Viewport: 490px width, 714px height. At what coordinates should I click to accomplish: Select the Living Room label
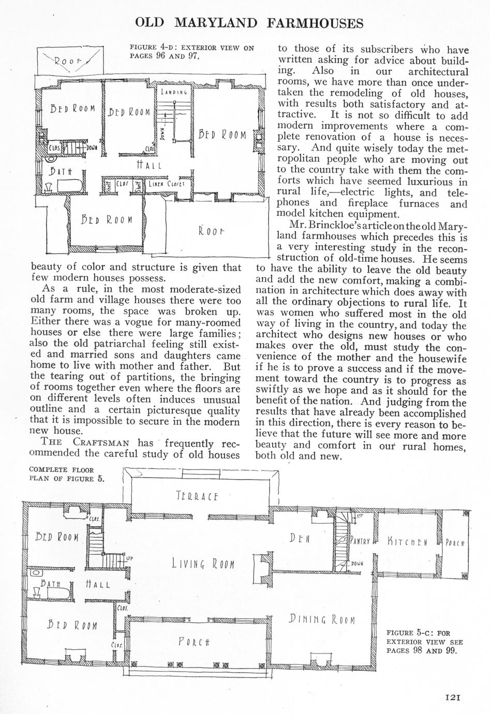[203, 563]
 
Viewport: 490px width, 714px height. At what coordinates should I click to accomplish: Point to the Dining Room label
[321, 619]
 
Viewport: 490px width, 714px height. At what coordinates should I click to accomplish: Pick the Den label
[300, 539]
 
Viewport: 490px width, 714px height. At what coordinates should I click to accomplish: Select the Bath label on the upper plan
[61, 171]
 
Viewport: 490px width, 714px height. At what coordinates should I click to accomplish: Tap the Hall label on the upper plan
[149, 166]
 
